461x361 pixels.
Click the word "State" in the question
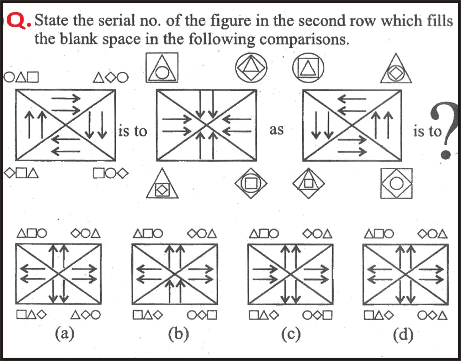[52, 21]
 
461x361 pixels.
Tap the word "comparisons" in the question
[304, 39]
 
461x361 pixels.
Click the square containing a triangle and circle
[162, 68]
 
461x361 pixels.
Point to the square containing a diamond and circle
[396, 183]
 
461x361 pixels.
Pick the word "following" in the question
[222, 39]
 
